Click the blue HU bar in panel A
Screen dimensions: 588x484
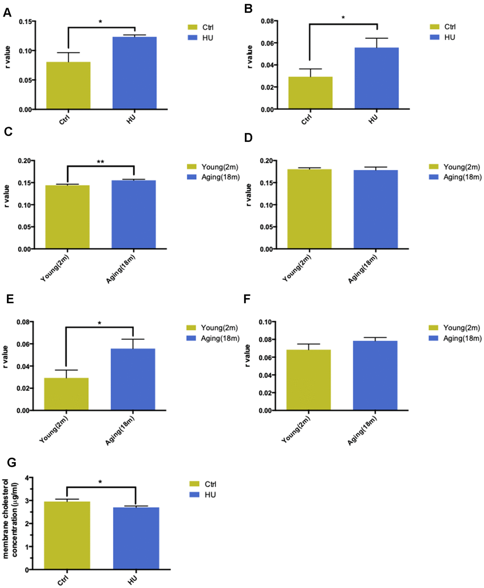click(134, 73)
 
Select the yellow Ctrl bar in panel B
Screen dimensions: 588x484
click(310, 93)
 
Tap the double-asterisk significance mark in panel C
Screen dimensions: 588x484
click(100, 162)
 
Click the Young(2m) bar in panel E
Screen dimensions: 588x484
click(66, 394)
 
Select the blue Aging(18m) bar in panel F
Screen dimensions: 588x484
click(375, 375)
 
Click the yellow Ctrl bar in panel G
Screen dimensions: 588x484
click(67, 535)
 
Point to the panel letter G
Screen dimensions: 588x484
click(11, 463)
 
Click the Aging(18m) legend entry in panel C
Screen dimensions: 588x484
click(213, 177)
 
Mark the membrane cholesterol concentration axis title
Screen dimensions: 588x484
click(10, 518)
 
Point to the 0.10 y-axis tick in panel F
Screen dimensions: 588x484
click(267, 322)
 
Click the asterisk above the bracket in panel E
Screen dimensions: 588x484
click(99, 323)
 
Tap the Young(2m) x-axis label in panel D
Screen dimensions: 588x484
click(297, 269)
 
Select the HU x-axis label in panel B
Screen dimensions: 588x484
click(373, 119)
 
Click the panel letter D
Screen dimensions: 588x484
click(248, 138)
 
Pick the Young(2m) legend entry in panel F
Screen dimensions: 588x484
click(455, 328)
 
